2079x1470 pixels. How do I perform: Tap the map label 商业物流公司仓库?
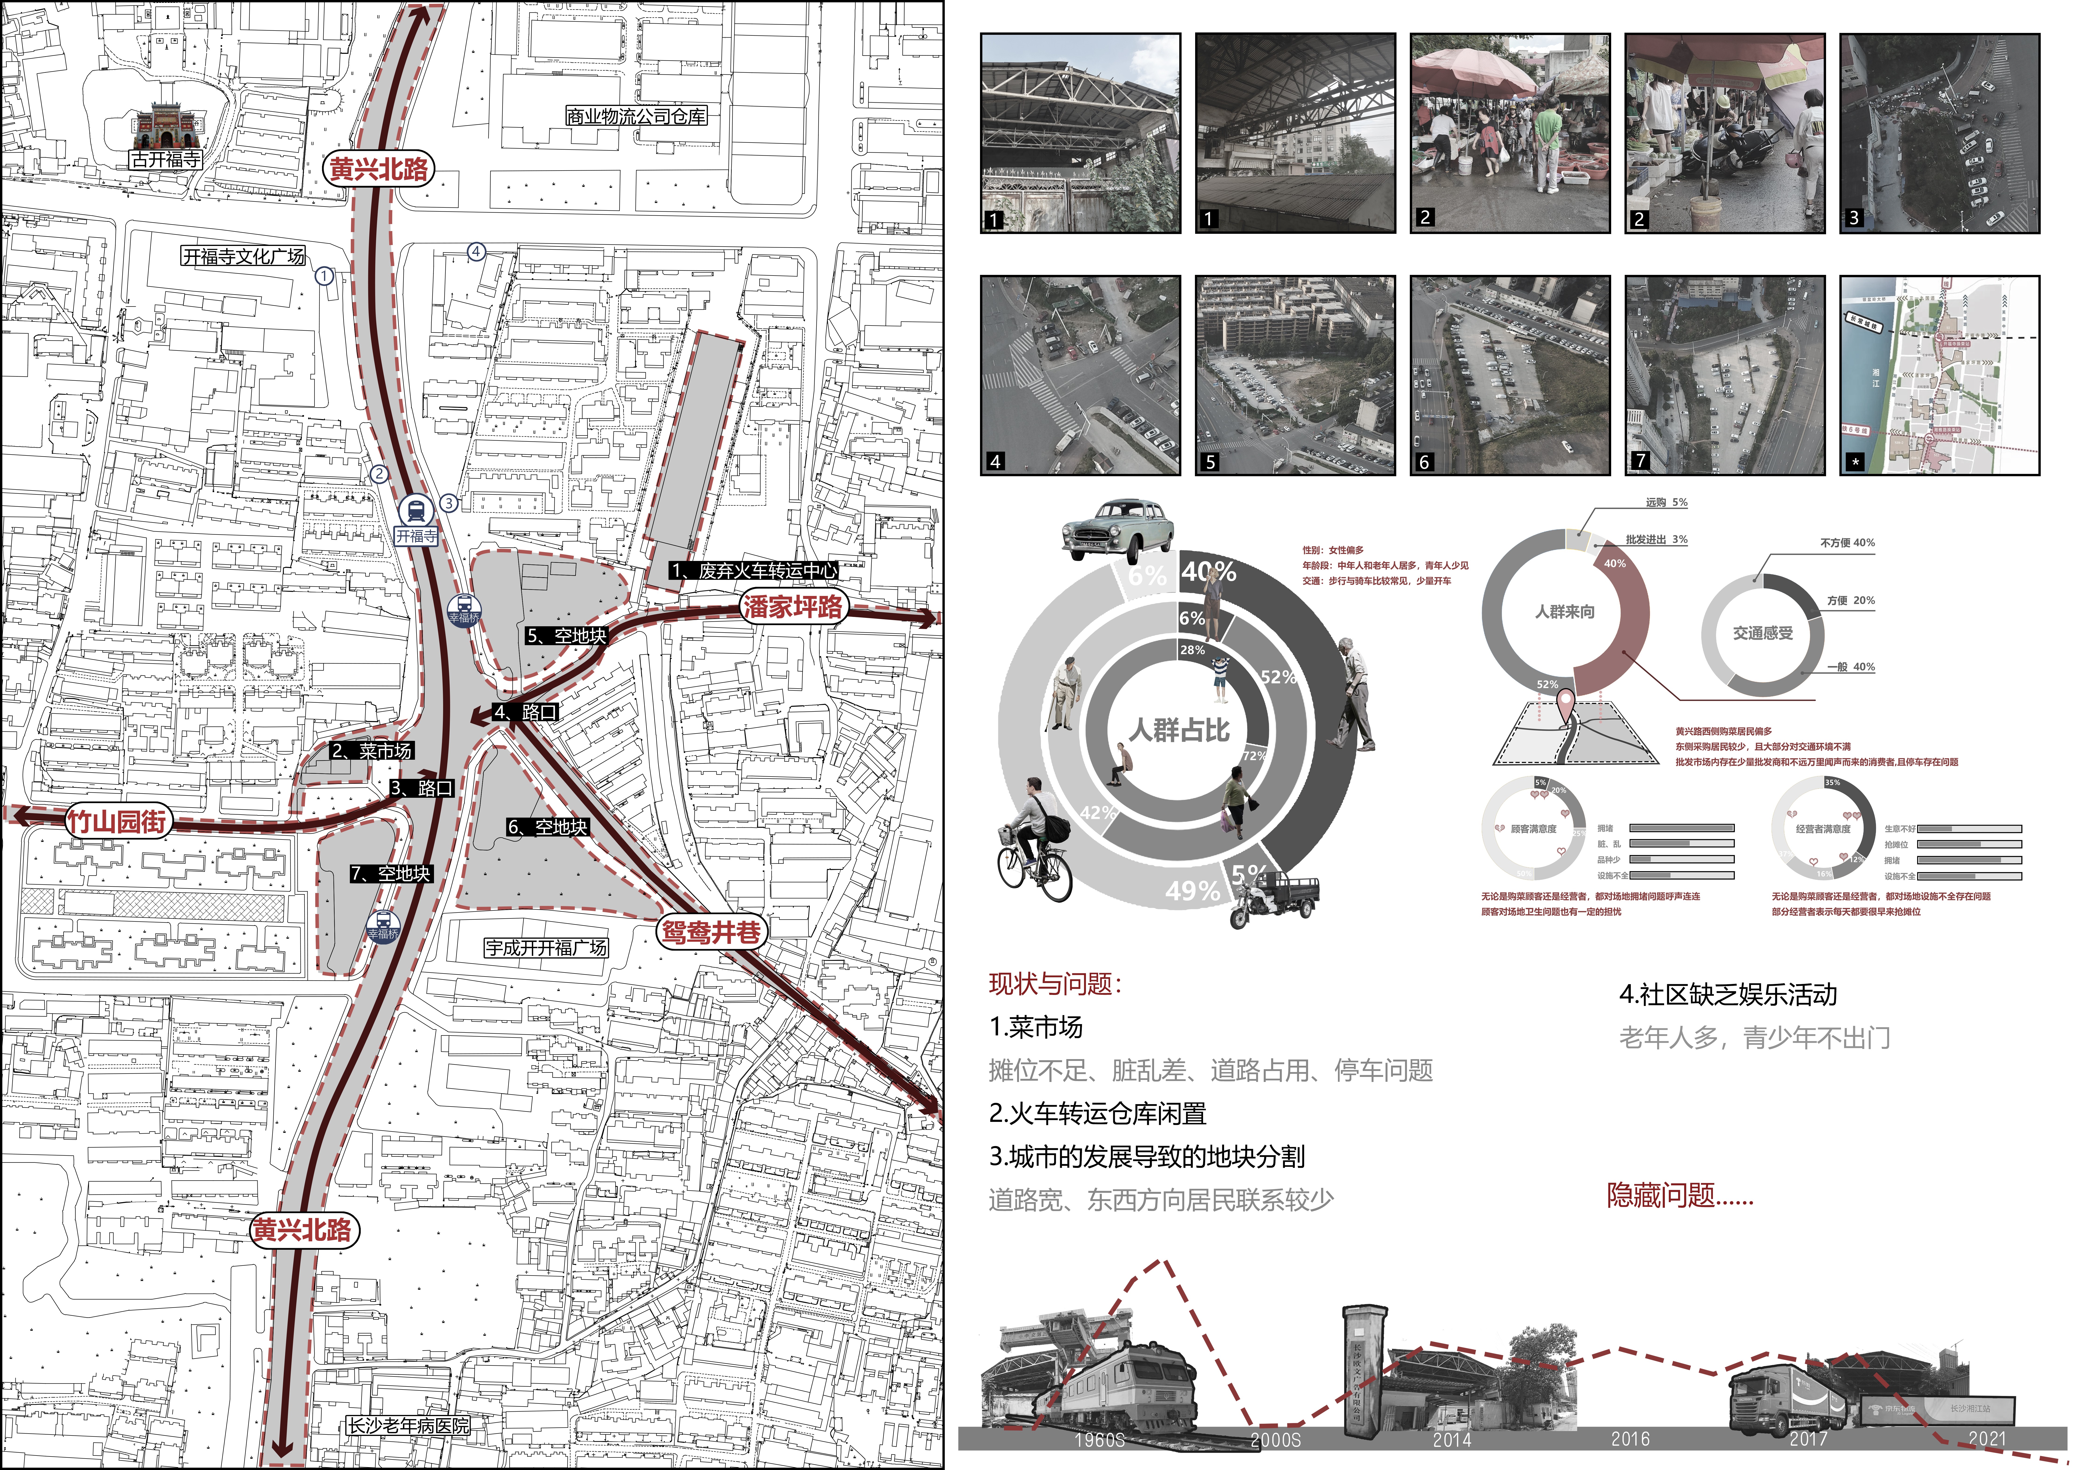[x=636, y=116]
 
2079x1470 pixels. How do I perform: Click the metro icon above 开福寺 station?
[x=416, y=511]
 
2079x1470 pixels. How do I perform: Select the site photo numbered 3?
[x=1939, y=133]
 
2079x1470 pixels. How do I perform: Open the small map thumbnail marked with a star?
[x=1939, y=375]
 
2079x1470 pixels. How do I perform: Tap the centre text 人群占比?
[x=1179, y=730]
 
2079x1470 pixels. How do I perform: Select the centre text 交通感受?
[x=1762, y=633]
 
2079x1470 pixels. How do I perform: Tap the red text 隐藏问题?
[x=1680, y=1196]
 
